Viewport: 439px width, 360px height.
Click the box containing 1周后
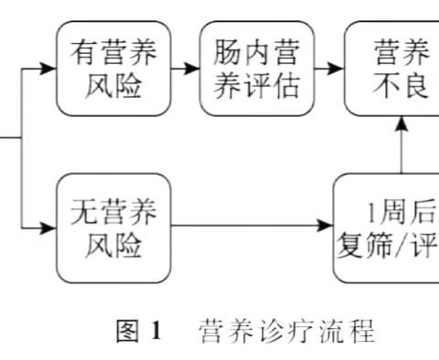point(388,228)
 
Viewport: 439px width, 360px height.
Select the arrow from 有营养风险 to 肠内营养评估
point(187,68)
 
